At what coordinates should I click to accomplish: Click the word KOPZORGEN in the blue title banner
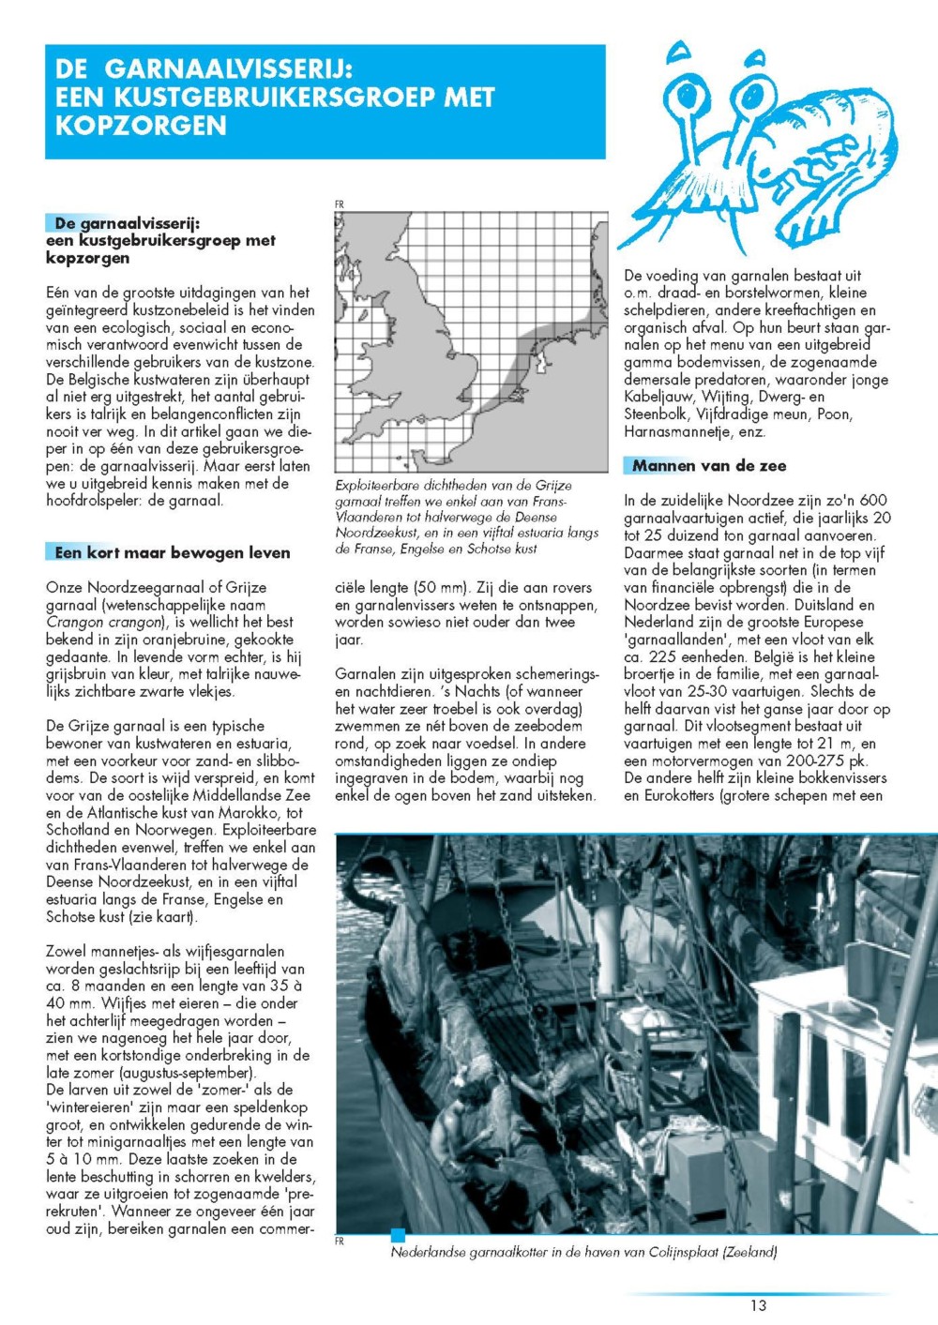pos(141,125)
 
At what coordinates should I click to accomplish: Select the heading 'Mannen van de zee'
pos(709,466)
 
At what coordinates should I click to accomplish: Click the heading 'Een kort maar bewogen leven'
pos(173,553)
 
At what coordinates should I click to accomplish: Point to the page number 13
pos(758,1305)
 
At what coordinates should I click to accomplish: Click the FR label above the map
pos(340,204)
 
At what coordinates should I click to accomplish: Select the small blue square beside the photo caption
pos(398,1235)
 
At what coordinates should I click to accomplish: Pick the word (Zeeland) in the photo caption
pos(749,1252)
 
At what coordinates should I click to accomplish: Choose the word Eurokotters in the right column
pos(676,796)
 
